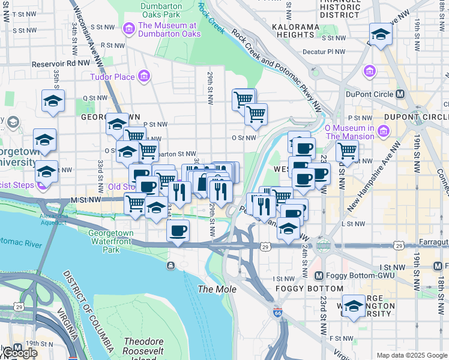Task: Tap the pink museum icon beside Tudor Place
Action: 143,76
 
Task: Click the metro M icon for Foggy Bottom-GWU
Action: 319,275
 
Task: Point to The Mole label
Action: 214,289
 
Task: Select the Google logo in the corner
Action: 19,353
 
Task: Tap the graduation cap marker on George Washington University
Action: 354,306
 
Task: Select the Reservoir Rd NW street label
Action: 60,62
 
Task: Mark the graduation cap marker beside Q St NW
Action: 53,101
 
